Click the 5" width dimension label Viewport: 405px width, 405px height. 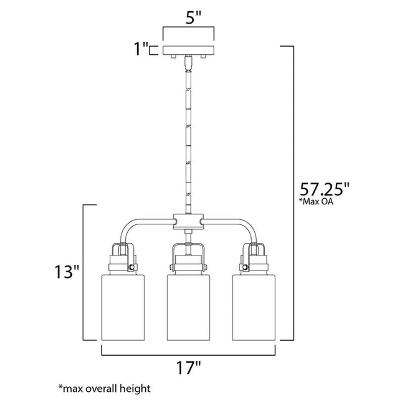click(x=193, y=17)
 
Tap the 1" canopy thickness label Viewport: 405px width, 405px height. click(x=141, y=49)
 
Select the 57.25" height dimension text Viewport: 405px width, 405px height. click(x=325, y=189)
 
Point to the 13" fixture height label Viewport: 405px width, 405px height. click(x=67, y=272)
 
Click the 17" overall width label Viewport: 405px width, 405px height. click(x=188, y=368)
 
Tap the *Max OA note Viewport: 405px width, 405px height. click(x=316, y=201)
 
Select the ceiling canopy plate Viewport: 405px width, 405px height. click(x=188, y=50)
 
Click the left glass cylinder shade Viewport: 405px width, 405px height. click(x=123, y=307)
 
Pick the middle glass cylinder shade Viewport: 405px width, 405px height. click(x=188, y=307)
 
